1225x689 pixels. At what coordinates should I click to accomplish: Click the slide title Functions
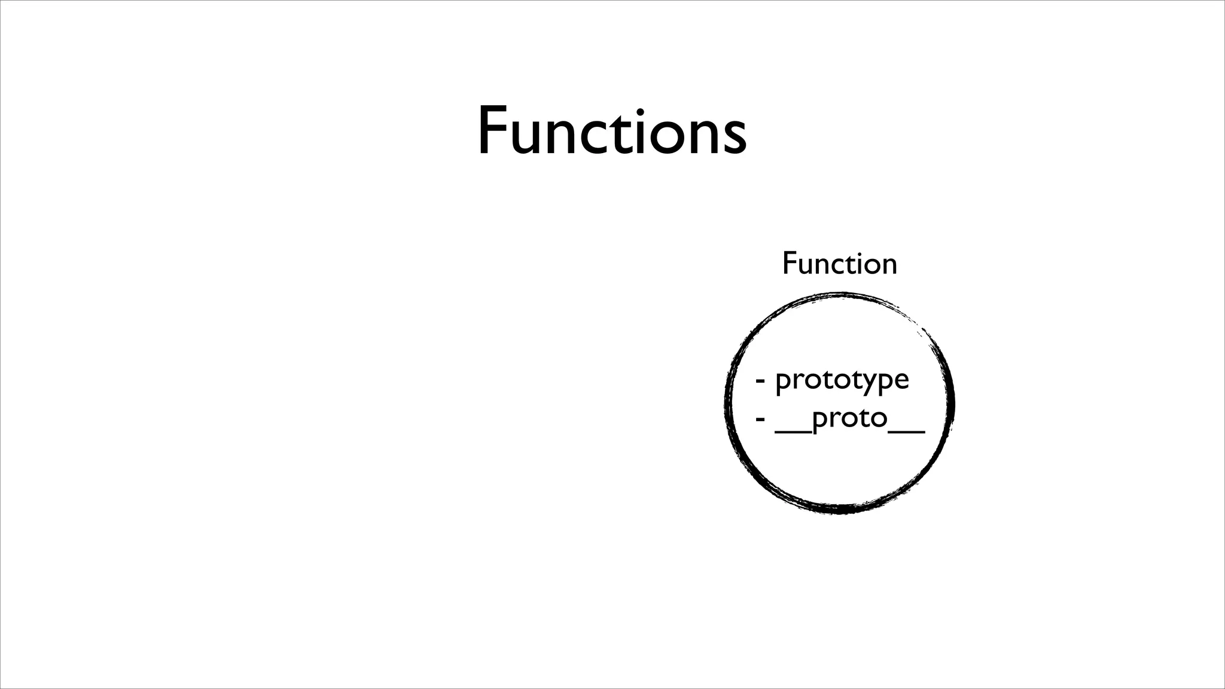(612, 131)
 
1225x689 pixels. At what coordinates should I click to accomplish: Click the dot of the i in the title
(644, 111)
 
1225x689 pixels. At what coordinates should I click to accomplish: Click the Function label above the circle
(839, 264)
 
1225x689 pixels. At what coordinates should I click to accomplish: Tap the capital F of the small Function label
(790, 264)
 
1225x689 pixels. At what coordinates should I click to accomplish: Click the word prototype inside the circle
(842, 380)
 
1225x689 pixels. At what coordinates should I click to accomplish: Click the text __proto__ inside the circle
(849, 419)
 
